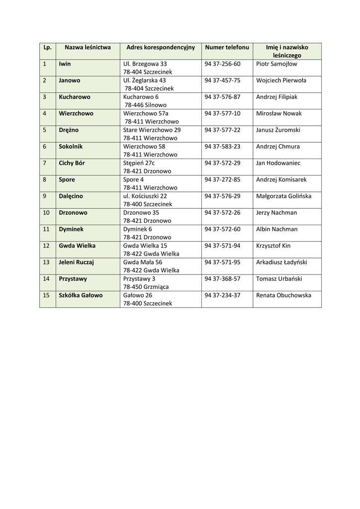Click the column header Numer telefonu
click(227, 47)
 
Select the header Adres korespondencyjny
click(161, 47)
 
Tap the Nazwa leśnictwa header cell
click(88, 47)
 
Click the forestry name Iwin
click(65, 64)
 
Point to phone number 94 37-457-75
click(222, 81)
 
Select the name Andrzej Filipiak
click(276, 97)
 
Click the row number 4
click(45, 113)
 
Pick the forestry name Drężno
click(69, 130)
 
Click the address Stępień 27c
click(139, 163)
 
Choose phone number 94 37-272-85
click(222, 179)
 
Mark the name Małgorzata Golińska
click(283, 196)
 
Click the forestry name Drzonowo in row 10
click(73, 213)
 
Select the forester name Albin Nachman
click(276, 229)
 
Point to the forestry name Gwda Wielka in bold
click(77, 246)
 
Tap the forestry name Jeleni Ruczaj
click(76, 262)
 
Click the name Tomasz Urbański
click(279, 279)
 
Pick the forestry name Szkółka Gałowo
click(81, 295)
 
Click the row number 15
click(46, 295)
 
